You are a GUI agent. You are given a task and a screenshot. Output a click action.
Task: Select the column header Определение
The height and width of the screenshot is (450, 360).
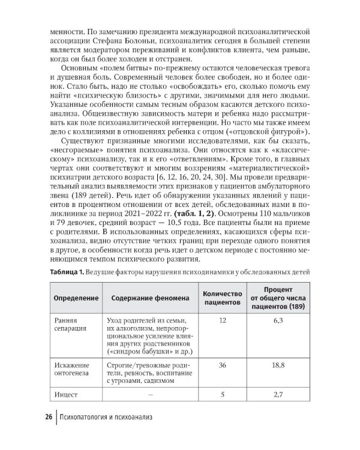73,298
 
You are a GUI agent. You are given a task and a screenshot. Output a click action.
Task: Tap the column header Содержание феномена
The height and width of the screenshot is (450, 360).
147,298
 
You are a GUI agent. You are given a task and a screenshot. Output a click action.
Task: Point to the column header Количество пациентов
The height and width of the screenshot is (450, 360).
222,298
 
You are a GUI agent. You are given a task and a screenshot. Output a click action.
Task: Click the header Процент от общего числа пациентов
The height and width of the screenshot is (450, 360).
277,298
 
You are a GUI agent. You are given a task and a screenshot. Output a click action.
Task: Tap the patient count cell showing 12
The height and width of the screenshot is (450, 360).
223,321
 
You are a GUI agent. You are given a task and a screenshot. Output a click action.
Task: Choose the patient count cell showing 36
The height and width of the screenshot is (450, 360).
223,365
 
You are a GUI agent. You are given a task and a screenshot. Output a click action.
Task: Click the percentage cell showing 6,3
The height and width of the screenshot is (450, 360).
277,321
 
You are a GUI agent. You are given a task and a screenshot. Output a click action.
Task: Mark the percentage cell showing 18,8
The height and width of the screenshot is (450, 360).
277,365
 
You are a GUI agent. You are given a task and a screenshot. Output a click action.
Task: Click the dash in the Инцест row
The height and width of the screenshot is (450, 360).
148,394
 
